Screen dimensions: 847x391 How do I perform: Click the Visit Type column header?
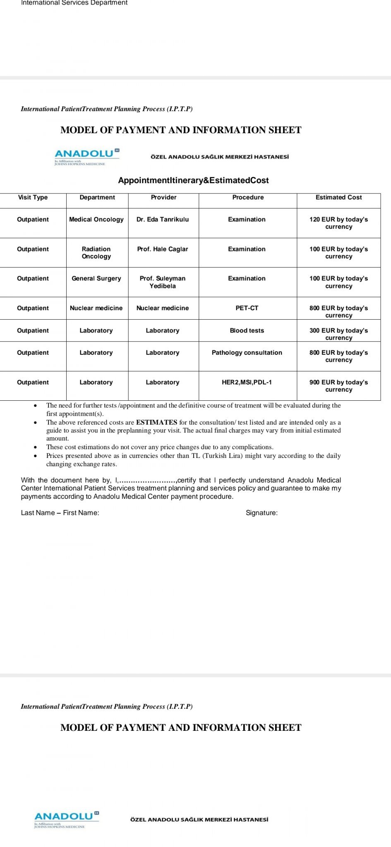(x=33, y=197)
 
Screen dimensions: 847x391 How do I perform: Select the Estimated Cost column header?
(x=338, y=197)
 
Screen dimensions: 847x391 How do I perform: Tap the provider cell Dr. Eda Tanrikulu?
(x=163, y=220)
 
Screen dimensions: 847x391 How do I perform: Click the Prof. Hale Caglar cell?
(x=163, y=249)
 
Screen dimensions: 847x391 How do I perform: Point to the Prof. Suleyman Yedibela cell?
(x=163, y=282)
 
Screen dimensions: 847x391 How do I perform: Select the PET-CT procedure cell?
(x=247, y=308)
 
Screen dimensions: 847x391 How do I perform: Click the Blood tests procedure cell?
(x=247, y=330)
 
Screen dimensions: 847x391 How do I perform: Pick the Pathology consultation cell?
(x=247, y=353)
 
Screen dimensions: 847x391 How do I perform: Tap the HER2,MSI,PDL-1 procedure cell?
(x=247, y=383)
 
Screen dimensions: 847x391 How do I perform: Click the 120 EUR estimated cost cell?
(x=338, y=223)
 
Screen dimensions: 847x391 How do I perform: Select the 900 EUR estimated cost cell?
(x=338, y=386)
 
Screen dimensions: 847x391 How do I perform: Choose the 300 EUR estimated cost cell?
(x=338, y=334)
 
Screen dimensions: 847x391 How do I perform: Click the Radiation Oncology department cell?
(x=96, y=253)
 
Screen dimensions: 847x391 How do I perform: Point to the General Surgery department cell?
(x=96, y=279)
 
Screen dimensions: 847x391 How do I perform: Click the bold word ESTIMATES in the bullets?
(x=156, y=422)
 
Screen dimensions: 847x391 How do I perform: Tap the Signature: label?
(x=261, y=513)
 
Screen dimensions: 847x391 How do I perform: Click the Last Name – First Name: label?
(x=60, y=513)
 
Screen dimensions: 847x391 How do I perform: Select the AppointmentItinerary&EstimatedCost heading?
(x=193, y=180)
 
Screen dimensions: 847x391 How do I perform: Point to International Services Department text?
(x=74, y=3)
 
